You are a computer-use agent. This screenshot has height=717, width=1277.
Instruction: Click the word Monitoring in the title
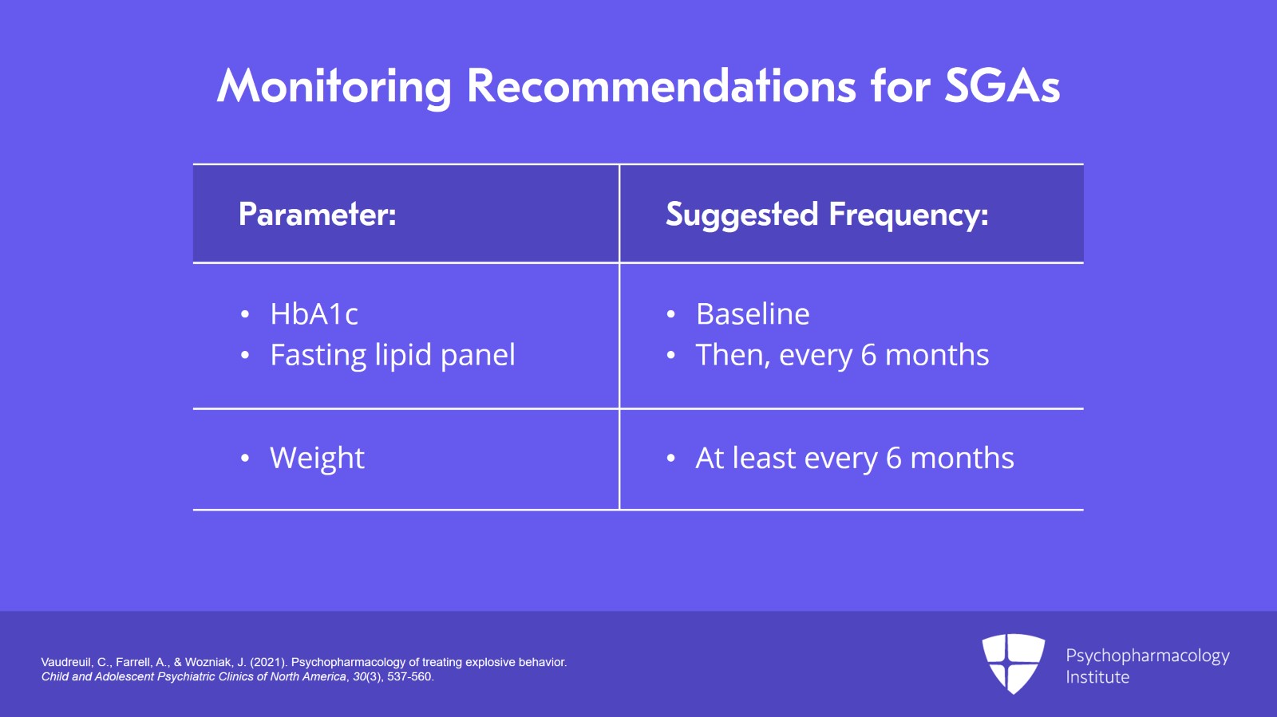click(334, 86)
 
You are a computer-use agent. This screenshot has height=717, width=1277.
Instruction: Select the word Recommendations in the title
click(661, 86)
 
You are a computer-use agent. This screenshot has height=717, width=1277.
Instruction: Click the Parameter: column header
click(317, 215)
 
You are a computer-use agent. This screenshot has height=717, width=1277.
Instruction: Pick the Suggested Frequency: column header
click(827, 215)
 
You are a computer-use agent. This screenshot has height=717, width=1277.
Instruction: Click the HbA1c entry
click(314, 314)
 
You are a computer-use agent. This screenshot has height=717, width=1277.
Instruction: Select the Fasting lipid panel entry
click(393, 355)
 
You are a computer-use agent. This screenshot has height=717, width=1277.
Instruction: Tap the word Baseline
click(753, 314)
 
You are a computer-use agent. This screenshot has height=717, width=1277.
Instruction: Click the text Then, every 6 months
click(842, 355)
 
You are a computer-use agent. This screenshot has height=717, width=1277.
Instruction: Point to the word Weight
click(317, 459)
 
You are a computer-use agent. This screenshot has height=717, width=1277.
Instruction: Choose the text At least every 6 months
click(855, 459)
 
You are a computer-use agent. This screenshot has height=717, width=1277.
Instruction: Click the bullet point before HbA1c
click(245, 315)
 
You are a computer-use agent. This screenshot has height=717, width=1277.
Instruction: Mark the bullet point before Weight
click(245, 459)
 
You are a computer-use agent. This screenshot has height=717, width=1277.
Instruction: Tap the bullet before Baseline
click(671, 315)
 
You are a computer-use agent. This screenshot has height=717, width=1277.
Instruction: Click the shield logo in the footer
click(1013, 663)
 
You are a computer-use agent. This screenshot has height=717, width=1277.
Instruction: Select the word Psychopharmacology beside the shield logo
click(1147, 656)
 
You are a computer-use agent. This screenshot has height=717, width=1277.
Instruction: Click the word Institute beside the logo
click(1097, 677)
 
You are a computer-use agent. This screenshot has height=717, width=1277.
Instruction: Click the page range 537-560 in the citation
click(409, 676)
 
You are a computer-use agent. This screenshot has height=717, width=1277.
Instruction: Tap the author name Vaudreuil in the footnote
click(66, 662)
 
